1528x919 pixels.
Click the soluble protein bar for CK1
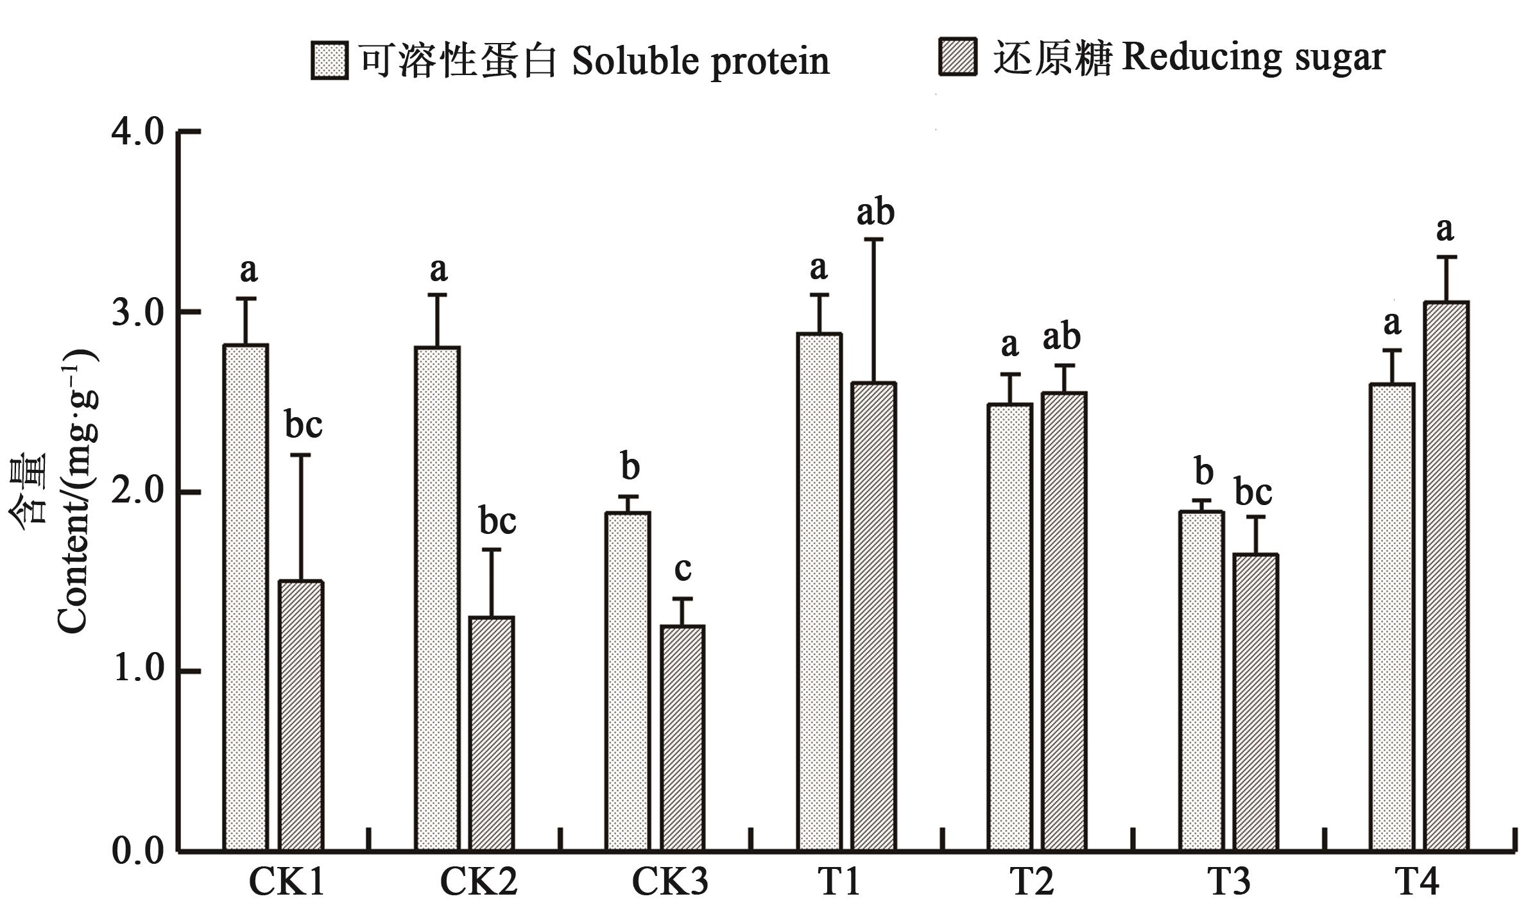245,597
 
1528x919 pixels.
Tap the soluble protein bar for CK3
628,681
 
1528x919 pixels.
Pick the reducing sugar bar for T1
873,616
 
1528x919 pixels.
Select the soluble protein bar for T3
1201,680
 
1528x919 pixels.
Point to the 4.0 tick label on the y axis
137,133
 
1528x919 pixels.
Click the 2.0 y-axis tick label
137,492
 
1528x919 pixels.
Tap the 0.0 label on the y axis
137,851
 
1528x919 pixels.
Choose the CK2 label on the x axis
478,882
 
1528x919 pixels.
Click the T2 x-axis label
1032,882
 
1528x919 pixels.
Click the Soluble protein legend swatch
329,61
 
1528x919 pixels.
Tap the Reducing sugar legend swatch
957,57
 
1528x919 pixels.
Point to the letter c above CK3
683,569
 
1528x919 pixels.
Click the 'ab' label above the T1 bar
875,212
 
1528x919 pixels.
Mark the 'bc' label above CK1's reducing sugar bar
303,425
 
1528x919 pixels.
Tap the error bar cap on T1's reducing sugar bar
873,239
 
